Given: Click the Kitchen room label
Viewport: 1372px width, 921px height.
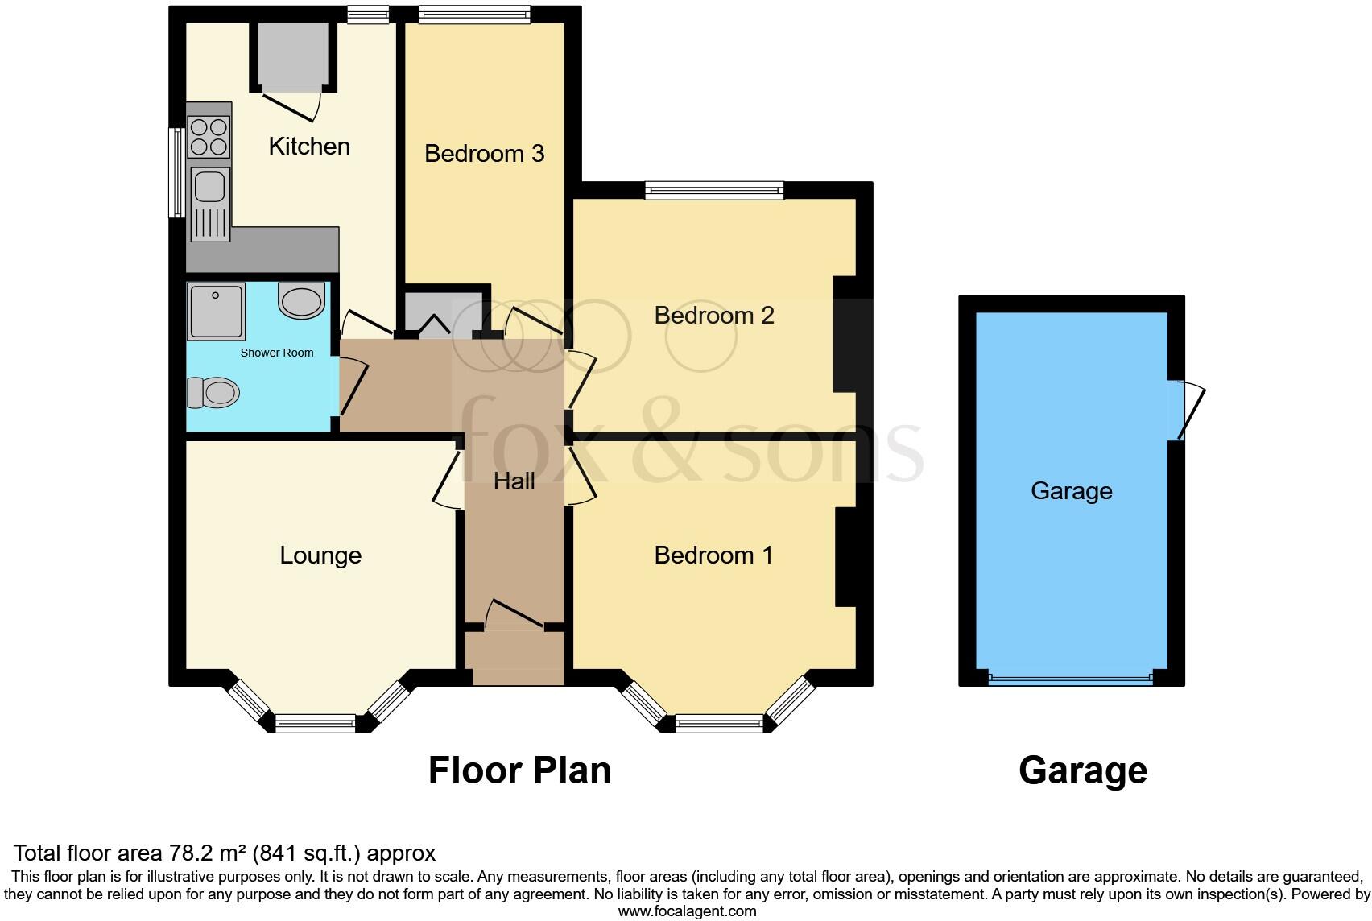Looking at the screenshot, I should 309,147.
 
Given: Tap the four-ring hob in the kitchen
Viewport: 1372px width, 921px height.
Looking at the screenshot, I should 209,137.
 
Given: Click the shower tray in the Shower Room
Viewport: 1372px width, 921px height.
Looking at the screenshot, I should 215,312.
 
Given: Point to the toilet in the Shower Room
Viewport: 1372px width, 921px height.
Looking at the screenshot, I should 213,394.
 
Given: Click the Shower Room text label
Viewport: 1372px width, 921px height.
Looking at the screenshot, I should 277,353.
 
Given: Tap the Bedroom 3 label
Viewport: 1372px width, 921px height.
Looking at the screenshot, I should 484,153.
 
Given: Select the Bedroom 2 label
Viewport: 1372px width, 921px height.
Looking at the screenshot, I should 713,315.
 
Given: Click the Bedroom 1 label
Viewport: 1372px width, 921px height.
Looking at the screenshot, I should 713,555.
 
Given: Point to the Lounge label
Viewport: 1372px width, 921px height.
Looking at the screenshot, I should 320,555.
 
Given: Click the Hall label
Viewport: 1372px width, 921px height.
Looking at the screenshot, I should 514,481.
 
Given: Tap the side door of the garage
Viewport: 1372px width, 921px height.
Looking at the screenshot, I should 1190,410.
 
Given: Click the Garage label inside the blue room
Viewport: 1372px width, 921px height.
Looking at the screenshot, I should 1071,491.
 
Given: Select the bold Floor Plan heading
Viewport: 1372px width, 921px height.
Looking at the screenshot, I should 519,770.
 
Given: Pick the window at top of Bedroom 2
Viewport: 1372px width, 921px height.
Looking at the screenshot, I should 713,191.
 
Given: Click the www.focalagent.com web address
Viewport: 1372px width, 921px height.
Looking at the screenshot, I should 687,911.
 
